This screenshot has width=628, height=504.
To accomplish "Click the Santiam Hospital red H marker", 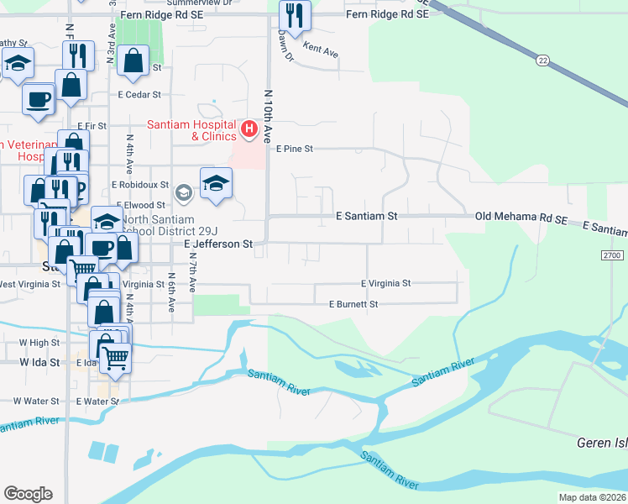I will pyautogui.click(x=249, y=129).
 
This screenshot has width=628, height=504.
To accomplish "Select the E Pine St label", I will pyautogui.click(x=294, y=149).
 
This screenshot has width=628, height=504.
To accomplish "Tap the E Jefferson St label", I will pyautogui.click(x=218, y=244).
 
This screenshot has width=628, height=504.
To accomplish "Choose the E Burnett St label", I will pyautogui.click(x=353, y=303).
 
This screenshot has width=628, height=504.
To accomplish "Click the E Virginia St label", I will pyautogui.click(x=385, y=284).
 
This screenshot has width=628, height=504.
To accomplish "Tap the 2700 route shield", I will pyautogui.click(x=614, y=255).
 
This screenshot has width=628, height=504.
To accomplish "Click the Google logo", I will pyautogui.click(x=28, y=494).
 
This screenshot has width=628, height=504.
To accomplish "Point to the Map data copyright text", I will pyautogui.click(x=592, y=497).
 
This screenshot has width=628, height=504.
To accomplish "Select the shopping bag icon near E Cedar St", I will pyautogui.click(x=133, y=61).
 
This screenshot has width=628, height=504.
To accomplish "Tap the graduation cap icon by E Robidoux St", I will pyautogui.click(x=216, y=184).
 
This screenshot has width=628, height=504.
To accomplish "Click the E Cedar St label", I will pyautogui.click(x=139, y=95).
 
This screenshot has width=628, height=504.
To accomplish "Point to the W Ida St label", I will pyautogui.click(x=40, y=363).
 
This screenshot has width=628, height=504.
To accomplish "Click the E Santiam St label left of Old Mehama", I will pyautogui.click(x=366, y=216).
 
